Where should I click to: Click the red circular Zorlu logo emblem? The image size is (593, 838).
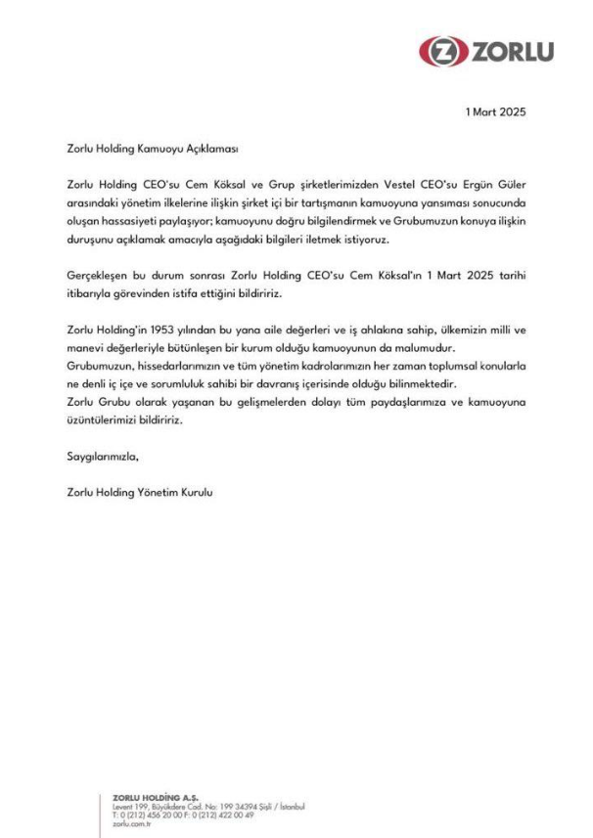(437, 50)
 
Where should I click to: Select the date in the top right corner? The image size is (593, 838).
(497, 111)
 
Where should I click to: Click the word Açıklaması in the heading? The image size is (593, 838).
(209, 151)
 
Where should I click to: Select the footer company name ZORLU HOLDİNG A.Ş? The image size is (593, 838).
(158, 798)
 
